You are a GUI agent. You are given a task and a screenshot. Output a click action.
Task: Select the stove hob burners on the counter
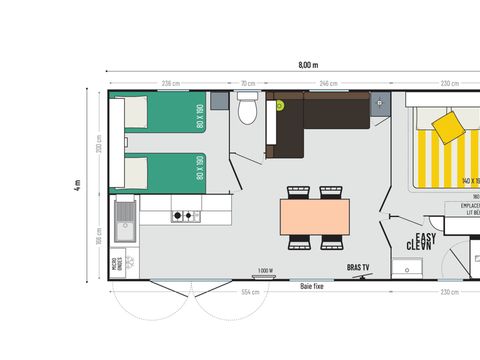coord(185,215)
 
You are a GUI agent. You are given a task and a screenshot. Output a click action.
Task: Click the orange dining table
coord(315,216)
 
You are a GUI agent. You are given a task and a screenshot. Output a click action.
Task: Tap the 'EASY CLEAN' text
coord(421,240)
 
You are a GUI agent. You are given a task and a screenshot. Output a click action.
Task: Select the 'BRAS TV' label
coord(359,268)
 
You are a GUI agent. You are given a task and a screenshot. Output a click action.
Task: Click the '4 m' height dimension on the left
coord(78,184)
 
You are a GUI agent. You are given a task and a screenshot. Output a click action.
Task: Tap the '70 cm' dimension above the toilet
coord(247,82)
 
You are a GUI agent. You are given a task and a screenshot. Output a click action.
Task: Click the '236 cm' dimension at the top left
coord(171,82)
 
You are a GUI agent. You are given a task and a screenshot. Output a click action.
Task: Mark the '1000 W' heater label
coord(265,271)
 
